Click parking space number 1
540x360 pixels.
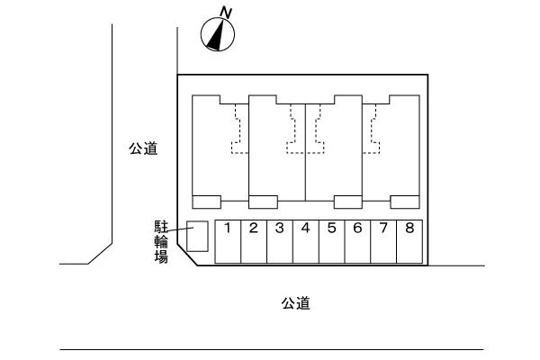[228, 241]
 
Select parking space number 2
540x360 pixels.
[254, 241]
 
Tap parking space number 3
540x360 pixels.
[280, 241]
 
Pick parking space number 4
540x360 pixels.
[306, 241]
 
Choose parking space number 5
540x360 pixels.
[332, 241]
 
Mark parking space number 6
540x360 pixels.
[357, 241]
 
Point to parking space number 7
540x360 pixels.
[383, 241]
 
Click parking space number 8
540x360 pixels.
[409, 241]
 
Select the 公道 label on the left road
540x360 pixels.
[143, 149]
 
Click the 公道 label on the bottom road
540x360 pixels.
[295, 303]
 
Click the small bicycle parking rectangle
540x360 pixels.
[197, 237]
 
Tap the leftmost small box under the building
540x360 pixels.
[207, 201]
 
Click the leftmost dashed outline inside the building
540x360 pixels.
[238, 131]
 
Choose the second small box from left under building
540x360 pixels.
[263, 201]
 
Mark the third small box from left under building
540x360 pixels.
[348, 201]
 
